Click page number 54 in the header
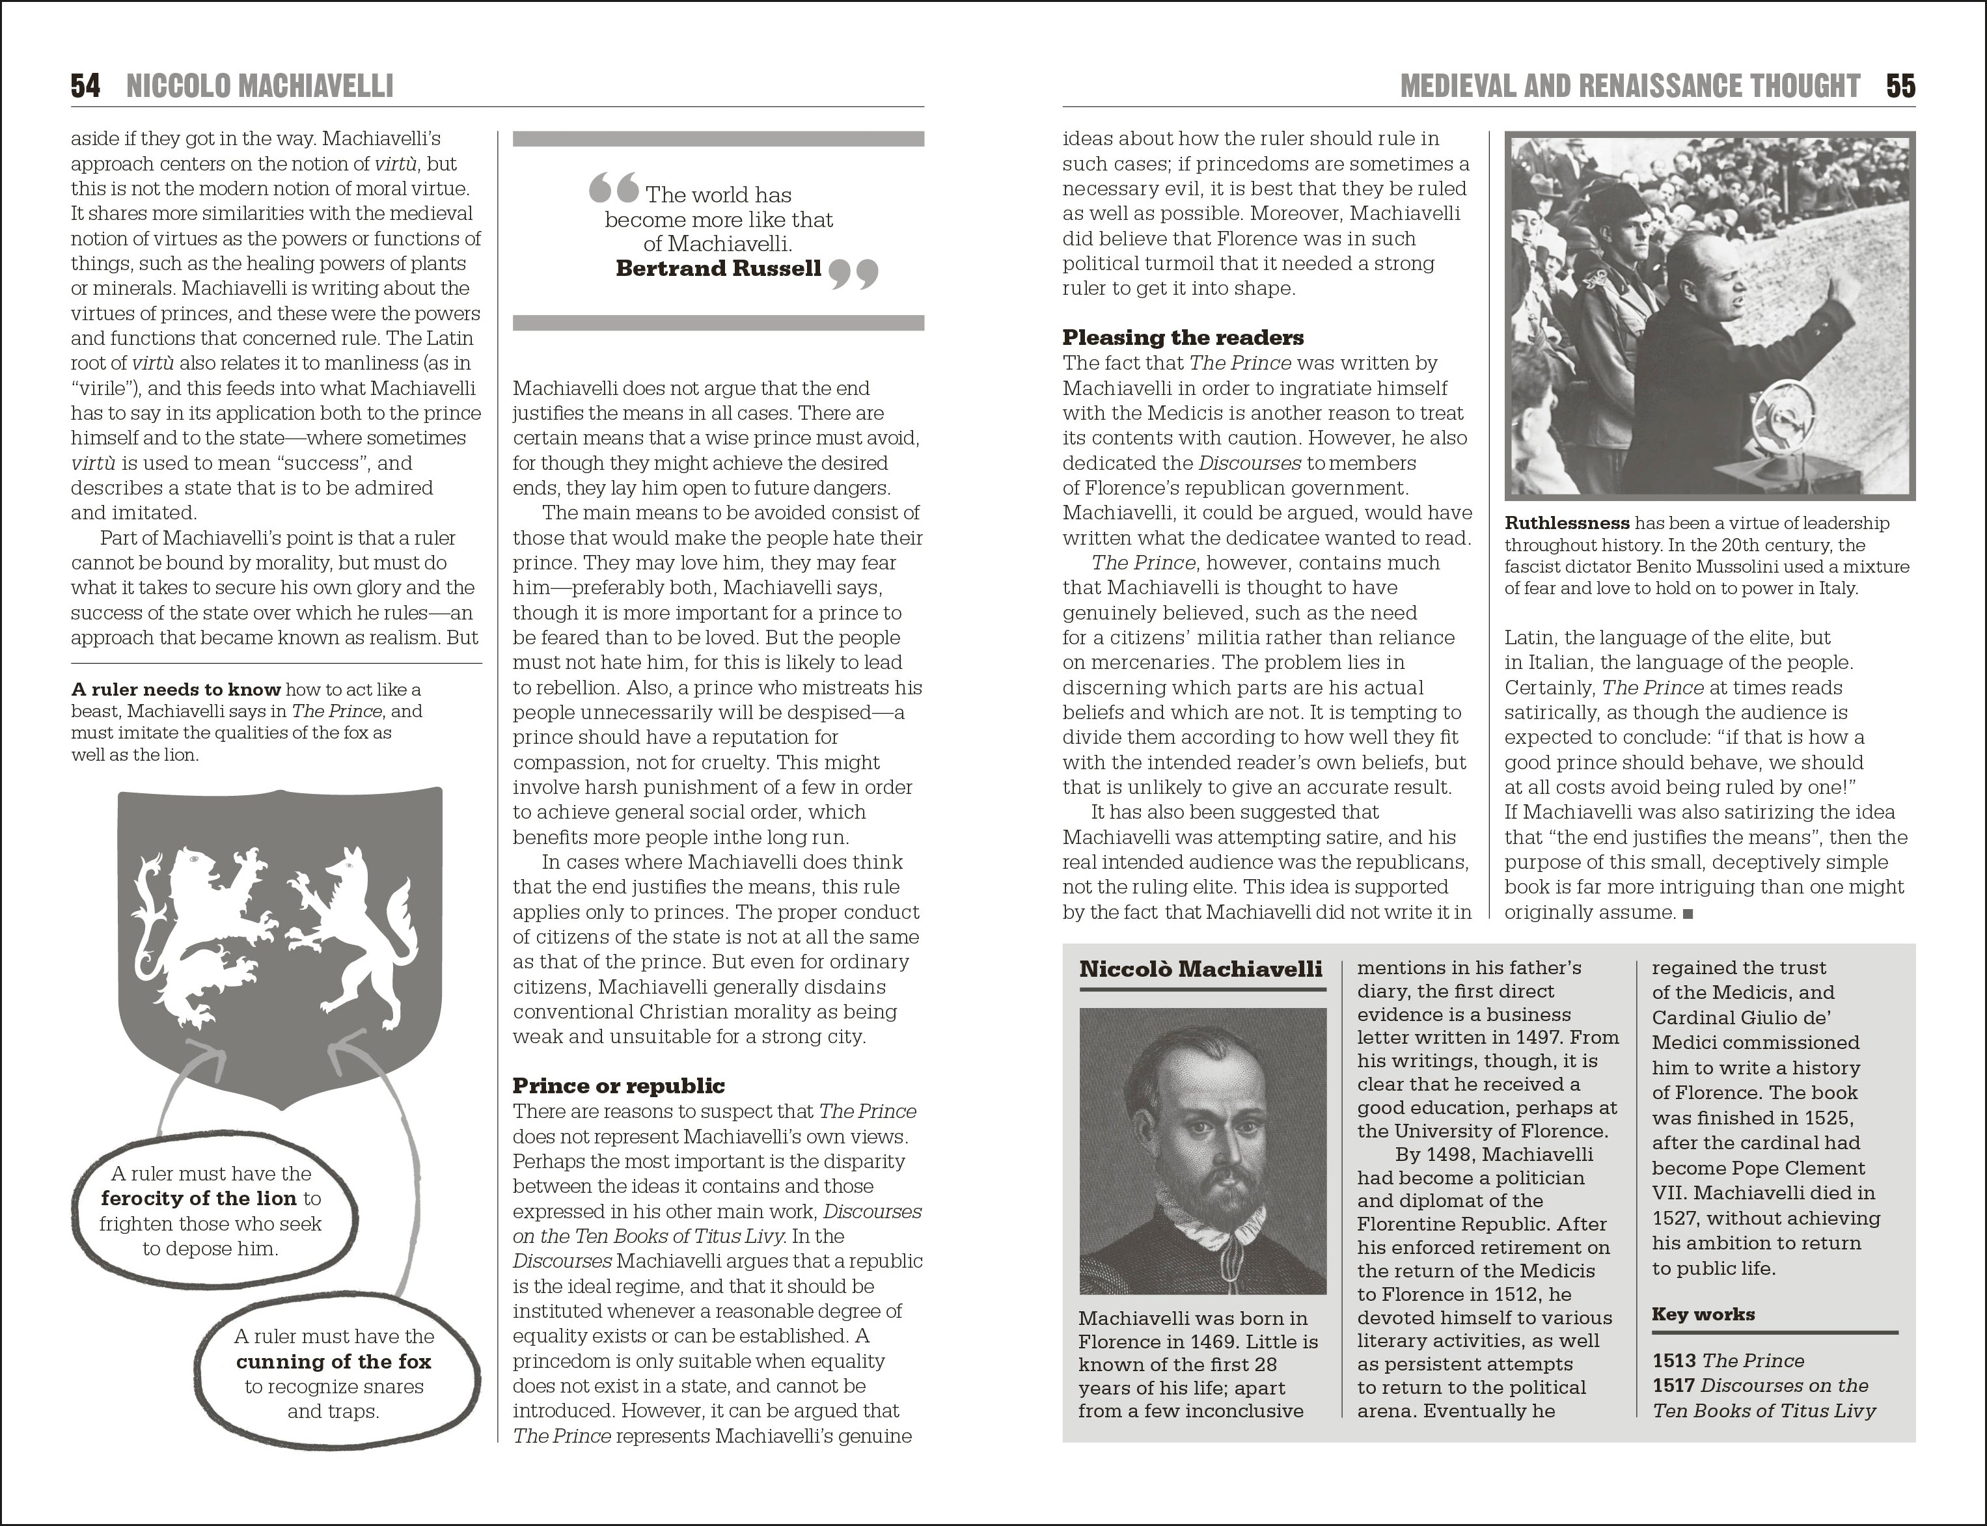[85, 87]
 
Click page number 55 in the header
[1900, 87]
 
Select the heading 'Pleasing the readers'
[1183, 338]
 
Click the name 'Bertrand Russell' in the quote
[718, 268]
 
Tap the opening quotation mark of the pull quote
[613, 189]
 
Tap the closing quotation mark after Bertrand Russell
[854, 273]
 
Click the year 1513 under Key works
[1673, 1361]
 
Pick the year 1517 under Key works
[1673, 1385]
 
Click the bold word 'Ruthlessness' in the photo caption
[1567, 523]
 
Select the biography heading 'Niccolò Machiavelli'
[1200, 969]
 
